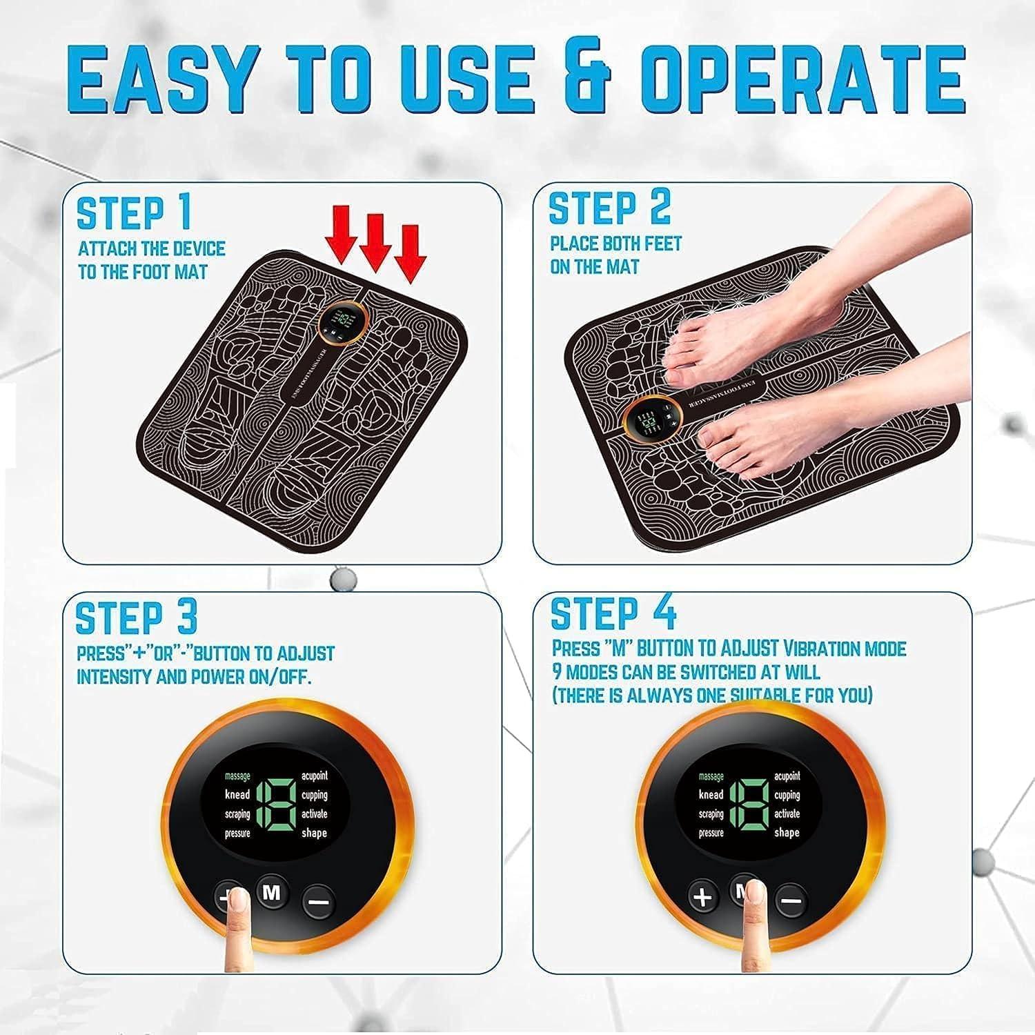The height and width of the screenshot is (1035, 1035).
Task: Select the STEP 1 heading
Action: pos(133,213)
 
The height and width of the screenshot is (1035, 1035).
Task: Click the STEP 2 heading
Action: pos(609,208)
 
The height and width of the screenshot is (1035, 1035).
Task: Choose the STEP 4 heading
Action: pos(613,613)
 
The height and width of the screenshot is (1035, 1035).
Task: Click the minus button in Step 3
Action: pos(318,900)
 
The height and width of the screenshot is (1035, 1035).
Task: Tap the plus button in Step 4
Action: pos(702,898)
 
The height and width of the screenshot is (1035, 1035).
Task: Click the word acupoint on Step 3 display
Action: pos(315,776)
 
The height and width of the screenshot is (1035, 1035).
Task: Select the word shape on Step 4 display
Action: pos(787,833)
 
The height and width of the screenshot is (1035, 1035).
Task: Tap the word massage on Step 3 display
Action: pos(237,776)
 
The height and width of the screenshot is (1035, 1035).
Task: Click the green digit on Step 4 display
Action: pos(749,805)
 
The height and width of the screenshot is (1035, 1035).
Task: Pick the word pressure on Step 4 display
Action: pos(711,833)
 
